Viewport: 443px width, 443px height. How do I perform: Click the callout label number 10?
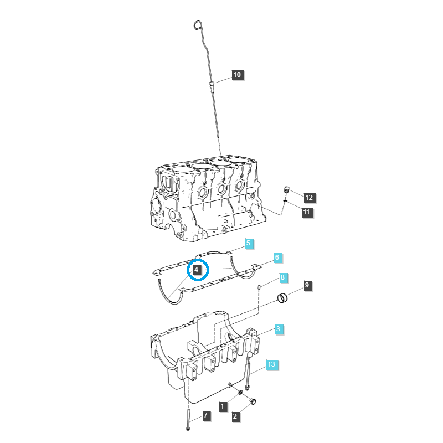coord(237,75)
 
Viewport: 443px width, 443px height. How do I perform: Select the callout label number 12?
coord(308,197)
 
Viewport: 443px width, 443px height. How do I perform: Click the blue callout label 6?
coord(277,257)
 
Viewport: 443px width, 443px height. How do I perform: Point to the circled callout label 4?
coord(197,270)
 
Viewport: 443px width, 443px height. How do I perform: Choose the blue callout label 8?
coord(282,277)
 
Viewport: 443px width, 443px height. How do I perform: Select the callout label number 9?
coord(307,286)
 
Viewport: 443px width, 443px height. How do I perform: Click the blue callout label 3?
coord(279,329)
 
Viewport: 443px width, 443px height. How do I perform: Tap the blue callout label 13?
coord(271,364)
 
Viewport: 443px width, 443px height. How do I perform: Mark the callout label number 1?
coord(222,407)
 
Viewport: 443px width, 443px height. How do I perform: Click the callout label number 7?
coord(205,415)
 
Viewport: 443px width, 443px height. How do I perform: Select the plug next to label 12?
coord(287,190)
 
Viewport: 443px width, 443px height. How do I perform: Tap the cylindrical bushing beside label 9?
coord(284,299)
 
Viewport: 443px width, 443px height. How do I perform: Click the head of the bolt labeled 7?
coord(189,427)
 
